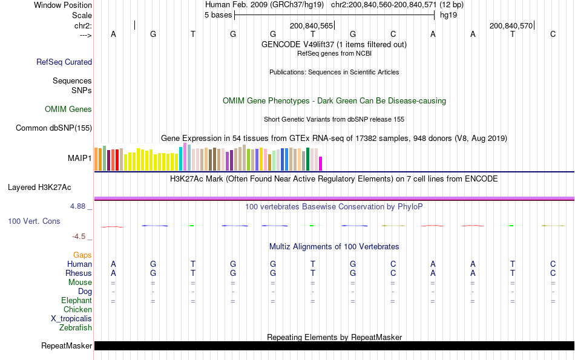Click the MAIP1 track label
click(80, 159)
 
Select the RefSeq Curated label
click(64, 62)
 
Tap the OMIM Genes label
click(68, 110)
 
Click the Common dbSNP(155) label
click(54, 128)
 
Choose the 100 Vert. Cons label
click(34, 221)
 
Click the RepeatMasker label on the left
click(67, 346)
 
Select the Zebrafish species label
click(76, 328)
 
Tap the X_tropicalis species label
click(71, 319)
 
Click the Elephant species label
click(76, 301)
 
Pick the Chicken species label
click(77, 310)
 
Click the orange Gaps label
click(82, 255)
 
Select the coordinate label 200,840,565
click(312, 26)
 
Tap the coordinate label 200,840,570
click(511, 26)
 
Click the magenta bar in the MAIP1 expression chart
click(321, 163)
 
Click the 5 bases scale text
click(218, 15)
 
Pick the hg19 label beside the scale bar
click(448, 15)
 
